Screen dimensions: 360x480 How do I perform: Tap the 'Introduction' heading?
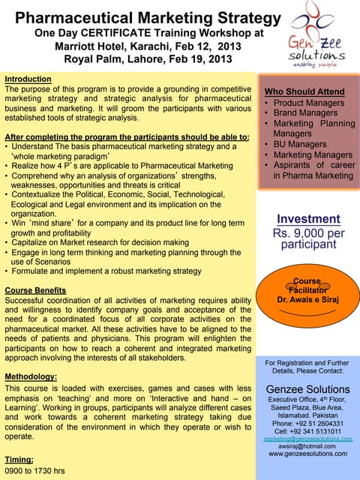point(28,79)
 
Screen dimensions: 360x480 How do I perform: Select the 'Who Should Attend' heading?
point(304,91)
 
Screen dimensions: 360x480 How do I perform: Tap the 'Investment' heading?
point(308,219)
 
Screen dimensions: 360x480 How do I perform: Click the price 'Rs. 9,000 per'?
point(308,232)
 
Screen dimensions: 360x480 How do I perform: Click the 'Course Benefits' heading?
point(37,290)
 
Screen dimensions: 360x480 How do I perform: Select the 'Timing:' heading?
point(19,459)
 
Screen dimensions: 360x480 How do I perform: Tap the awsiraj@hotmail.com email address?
point(307,445)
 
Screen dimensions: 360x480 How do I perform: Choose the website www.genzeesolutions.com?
point(307,454)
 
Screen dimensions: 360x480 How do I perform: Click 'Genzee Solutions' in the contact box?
point(307,389)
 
